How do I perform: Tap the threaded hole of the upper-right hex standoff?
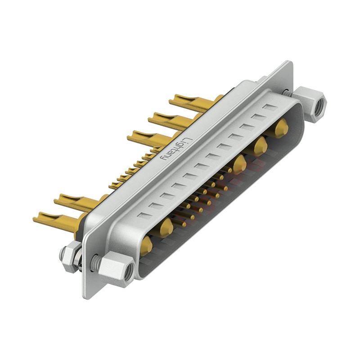coord(320,106)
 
